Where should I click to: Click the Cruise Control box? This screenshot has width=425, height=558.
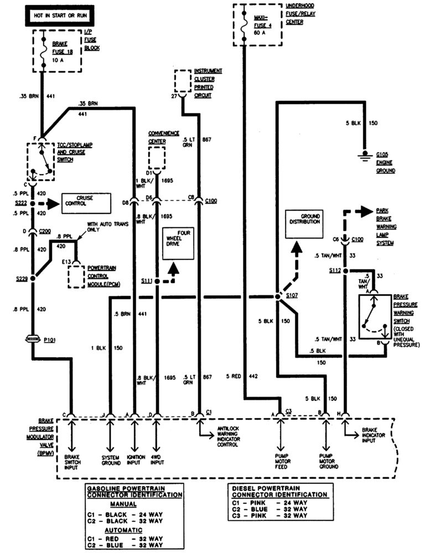[x=86, y=203]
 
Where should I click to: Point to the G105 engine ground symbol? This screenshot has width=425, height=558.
[x=365, y=155]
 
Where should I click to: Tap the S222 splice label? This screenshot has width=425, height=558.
[x=20, y=204]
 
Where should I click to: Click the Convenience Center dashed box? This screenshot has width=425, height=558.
[x=157, y=159]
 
